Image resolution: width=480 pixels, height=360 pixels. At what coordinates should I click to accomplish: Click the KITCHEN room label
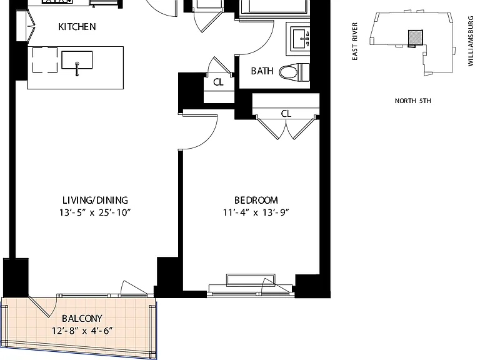click(x=77, y=27)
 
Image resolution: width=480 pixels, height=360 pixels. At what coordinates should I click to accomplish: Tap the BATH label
click(x=262, y=71)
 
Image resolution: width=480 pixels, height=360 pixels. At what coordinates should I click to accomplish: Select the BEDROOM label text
click(x=256, y=200)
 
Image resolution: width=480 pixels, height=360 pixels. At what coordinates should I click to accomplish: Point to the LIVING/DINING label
click(x=95, y=200)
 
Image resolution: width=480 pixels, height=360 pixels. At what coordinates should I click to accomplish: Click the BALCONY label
click(x=82, y=318)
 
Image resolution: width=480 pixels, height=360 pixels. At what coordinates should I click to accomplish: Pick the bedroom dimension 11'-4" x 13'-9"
click(x=256, y=212)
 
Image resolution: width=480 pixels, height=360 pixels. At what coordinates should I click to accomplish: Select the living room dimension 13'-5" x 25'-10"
click(x=95, y=212)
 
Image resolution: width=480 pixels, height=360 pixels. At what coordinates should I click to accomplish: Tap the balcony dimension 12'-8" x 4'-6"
click(x=82, y=331)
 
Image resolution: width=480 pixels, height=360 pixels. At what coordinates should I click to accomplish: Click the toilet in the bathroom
click(x=294, y=72)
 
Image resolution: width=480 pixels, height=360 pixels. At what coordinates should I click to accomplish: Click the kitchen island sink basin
click(x=77, y=60)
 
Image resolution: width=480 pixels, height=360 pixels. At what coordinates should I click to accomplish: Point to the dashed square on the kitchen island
click(x=45, y=60)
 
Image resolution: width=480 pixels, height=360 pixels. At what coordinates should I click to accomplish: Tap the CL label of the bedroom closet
click(x=286, y=114)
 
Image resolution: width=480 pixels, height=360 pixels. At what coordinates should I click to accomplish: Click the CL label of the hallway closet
click(x=218, y=82)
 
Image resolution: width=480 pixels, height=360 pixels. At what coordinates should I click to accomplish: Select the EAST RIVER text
click(x=355, y=41)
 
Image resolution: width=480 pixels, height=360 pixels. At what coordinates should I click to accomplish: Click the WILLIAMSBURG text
click(x=471, y=41)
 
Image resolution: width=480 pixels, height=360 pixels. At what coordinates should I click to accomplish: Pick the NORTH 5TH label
click(x=412, y=101)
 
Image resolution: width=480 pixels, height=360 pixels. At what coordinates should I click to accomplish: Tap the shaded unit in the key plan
click(x=416, y=37)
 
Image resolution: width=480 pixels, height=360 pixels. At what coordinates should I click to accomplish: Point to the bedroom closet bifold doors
click(x=286, y=127)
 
